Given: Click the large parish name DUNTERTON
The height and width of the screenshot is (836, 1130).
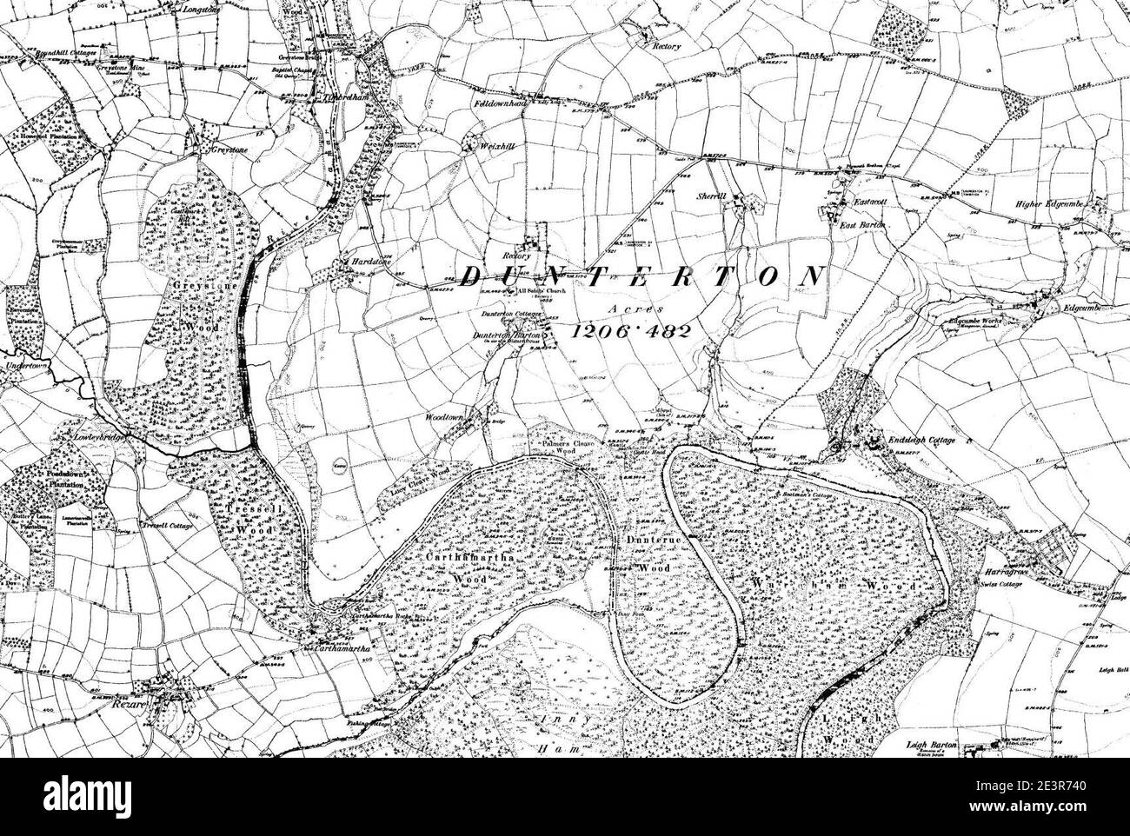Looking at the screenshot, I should click(x=641, y=276).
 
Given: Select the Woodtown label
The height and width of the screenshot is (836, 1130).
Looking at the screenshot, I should click(x=447, y=418).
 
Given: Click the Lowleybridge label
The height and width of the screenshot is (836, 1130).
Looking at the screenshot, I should click(x=96, y=438).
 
